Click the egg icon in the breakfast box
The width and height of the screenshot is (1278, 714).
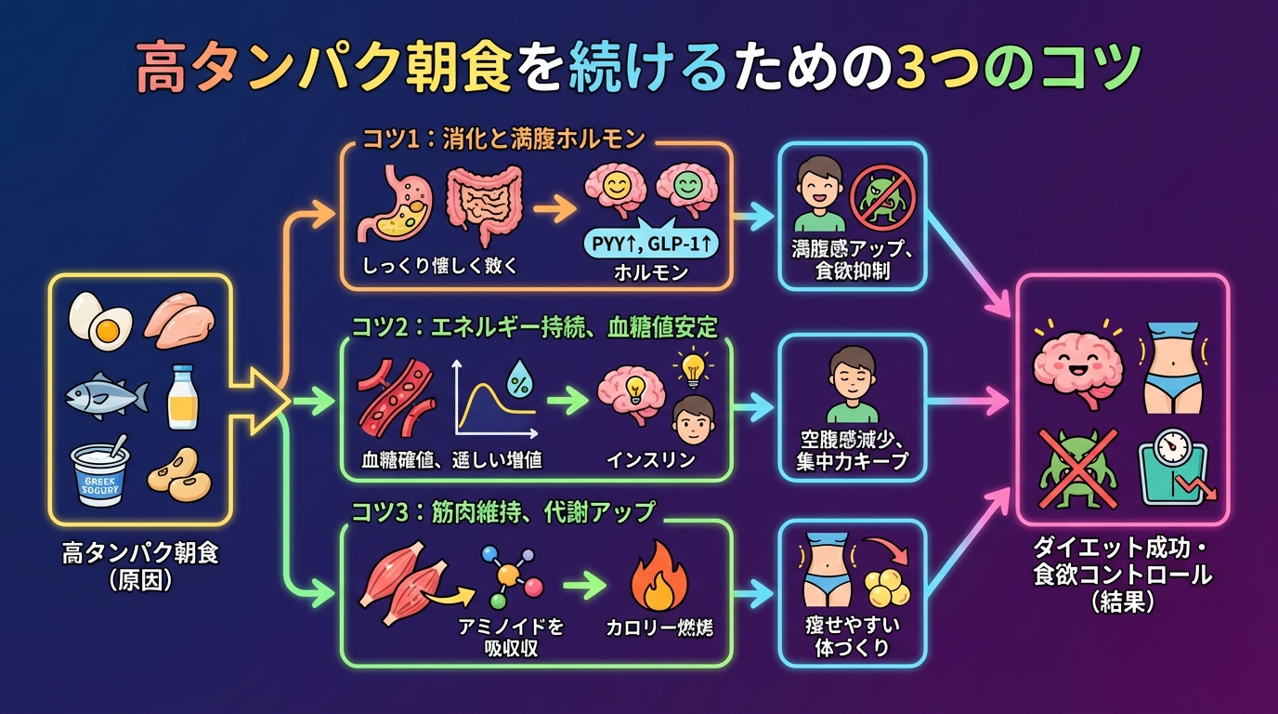tap(99, 321)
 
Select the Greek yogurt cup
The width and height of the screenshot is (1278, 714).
tap(101, 473)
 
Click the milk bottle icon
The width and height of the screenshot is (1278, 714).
tap(183, 398)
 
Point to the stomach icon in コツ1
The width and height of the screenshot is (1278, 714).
tap(393, 202)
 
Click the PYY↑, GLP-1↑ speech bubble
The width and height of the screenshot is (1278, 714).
tap(649, 244)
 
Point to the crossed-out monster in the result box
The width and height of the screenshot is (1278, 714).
tap(1074, 465)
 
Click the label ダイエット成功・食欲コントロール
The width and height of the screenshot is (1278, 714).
tap(1122, 562)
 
